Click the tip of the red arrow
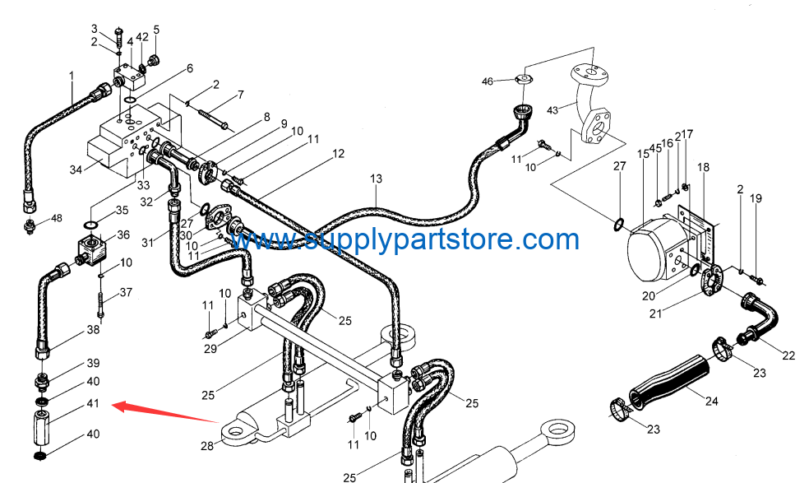click(x=113, y=406)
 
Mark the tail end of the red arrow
click(x=220, y=423)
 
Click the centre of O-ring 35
click(x=90, y=224)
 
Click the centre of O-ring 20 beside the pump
click(x=695, y=269)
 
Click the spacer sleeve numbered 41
click(x=41, y=427)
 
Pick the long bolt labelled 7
click(x=212, y=118)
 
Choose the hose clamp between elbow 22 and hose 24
click(x=723, y=350)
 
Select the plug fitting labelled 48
click(x=31, y=225)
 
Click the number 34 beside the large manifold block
click(x=76, y=169)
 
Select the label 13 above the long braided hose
click(x=376, y=179)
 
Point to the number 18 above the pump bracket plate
click(x=703, y=167)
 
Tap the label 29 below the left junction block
click(x=210, y=349)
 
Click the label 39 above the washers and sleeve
click(x=93, y=363)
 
